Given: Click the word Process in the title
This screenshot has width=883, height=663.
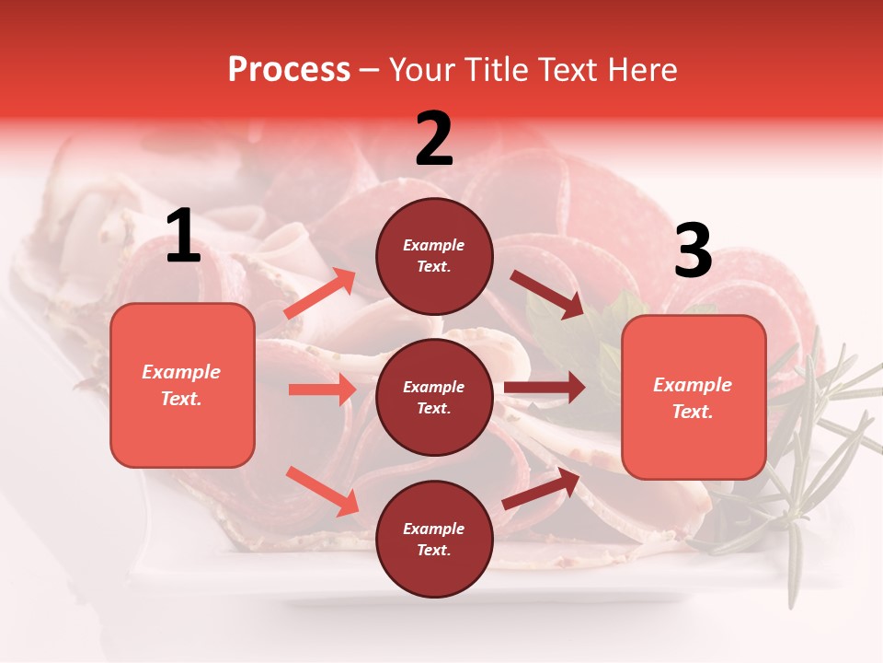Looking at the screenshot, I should click(x=289, y=69).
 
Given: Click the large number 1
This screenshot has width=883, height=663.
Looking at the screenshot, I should click(x=183, y=237).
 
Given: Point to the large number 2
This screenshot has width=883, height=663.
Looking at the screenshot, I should click(x=434, y=139).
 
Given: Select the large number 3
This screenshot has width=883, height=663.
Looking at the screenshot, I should click(x=694, y=250).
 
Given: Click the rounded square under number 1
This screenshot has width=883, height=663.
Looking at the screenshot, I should click(x=182, y=385).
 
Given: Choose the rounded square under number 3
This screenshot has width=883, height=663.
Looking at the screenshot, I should click(x=694, y=398).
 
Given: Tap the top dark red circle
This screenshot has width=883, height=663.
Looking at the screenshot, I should click(x=434, y=256).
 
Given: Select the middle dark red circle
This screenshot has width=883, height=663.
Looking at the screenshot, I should click(x=434, y=397).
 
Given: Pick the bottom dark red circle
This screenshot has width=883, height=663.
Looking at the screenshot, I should click(x=434, y=539).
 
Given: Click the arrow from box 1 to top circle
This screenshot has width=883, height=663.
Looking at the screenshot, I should click(x=320, y=294).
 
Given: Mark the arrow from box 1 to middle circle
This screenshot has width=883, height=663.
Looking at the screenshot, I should click(x=322, y=390).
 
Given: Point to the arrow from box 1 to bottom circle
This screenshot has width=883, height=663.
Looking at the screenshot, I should click(x=322, y=491).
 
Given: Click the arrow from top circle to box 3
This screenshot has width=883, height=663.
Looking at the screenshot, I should click(x=547, y=295).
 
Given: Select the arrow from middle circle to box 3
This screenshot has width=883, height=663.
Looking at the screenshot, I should click(x=545, y=388).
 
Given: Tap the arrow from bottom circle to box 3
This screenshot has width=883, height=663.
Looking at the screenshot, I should click(x=541, y=488).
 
